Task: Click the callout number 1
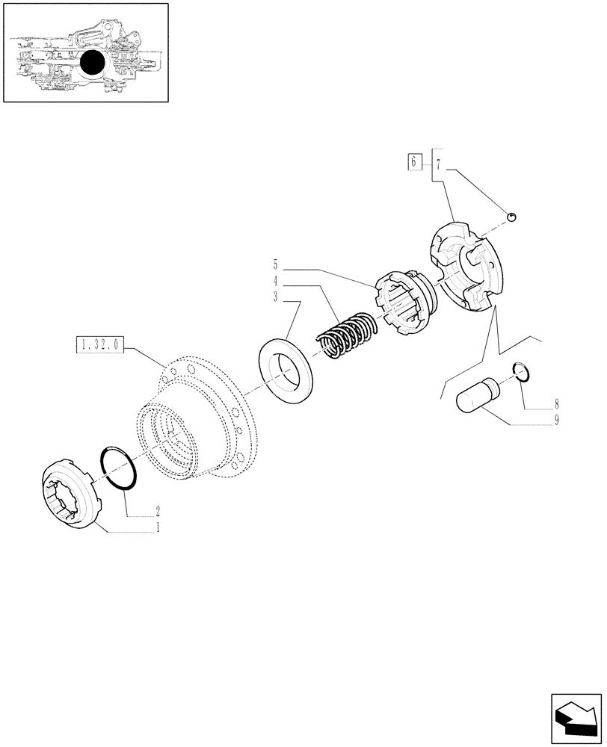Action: click(x=158, y=526)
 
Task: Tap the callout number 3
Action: click(x=275, y=296)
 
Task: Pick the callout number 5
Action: click(x=275, y=264)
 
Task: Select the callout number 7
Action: click(x=439, y=163)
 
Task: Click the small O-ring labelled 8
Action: click(x=523, y=371)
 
